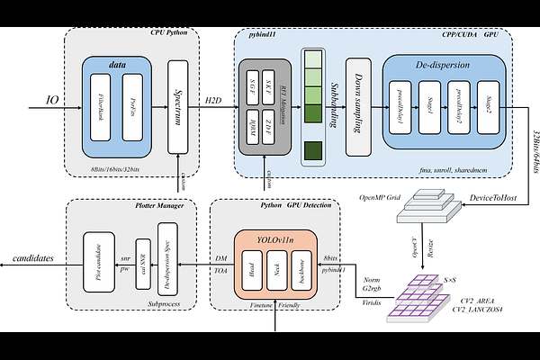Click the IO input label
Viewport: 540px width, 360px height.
(52, 101)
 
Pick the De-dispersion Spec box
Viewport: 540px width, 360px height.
(167, 257)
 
